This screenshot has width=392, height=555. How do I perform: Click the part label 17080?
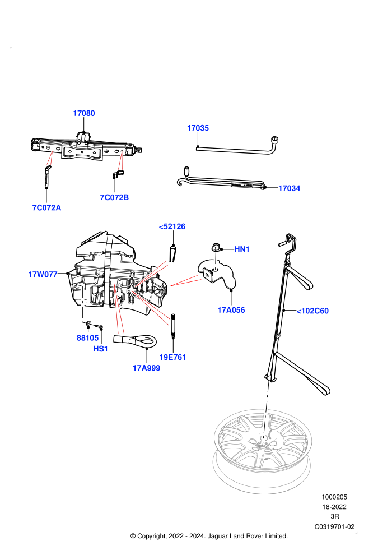point(84,113)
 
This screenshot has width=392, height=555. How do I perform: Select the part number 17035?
point(198,128)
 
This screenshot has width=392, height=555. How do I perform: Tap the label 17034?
point(289,188)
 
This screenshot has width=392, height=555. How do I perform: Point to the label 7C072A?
point(46,208)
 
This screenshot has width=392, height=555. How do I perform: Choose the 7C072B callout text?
point(115,197)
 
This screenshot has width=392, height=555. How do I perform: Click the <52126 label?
point(172,226)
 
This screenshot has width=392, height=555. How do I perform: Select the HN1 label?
point(242,249)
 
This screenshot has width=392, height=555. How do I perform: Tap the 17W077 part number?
point(43,274)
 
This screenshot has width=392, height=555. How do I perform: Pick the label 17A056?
point(231,310)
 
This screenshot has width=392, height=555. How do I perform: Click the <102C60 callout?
point(312,311)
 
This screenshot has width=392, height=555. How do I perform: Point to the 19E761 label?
point(173,357)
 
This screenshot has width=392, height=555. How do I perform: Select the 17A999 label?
point(146,368)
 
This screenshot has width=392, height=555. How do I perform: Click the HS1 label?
point(100,349)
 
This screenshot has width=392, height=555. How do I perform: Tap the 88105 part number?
point(88,338)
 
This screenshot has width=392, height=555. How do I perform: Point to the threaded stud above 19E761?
point(173,326)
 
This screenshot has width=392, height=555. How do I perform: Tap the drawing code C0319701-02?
point(334,526)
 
